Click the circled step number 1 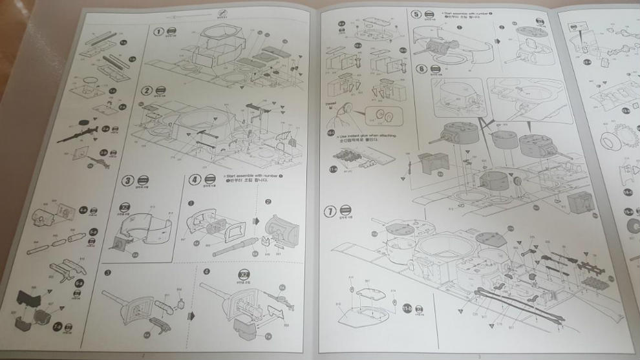pos(158,32)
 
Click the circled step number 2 pos(147,91)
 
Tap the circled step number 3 pos(128,180)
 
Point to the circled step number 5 pos(416,15)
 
